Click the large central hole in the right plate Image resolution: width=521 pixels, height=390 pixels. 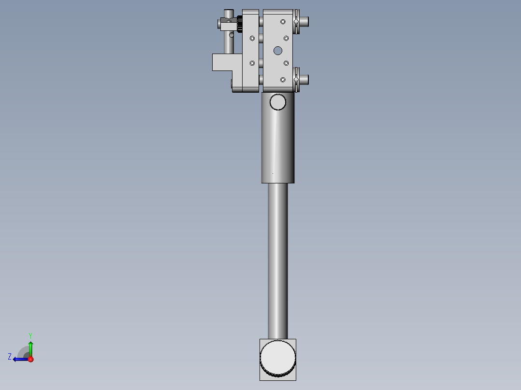[277, 50]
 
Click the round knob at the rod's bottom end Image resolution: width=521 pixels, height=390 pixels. [277, 358]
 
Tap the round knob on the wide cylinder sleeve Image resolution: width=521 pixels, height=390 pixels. [278, 102]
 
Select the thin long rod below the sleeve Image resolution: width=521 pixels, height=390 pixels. [277, 261]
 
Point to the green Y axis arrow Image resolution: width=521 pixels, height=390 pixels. [30, 348]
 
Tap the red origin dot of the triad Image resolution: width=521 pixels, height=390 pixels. [30, 359]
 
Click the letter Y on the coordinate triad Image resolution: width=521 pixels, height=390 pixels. [30, 335]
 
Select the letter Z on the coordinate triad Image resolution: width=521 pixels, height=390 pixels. [10, 357]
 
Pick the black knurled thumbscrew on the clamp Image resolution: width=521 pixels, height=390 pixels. [239, 23]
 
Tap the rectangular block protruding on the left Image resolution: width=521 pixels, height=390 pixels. [222, 62]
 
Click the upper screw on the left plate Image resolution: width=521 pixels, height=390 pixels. [252, 38]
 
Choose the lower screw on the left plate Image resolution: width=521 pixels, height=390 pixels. [252, 63]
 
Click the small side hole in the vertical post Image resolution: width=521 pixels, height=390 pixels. [232, 35]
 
